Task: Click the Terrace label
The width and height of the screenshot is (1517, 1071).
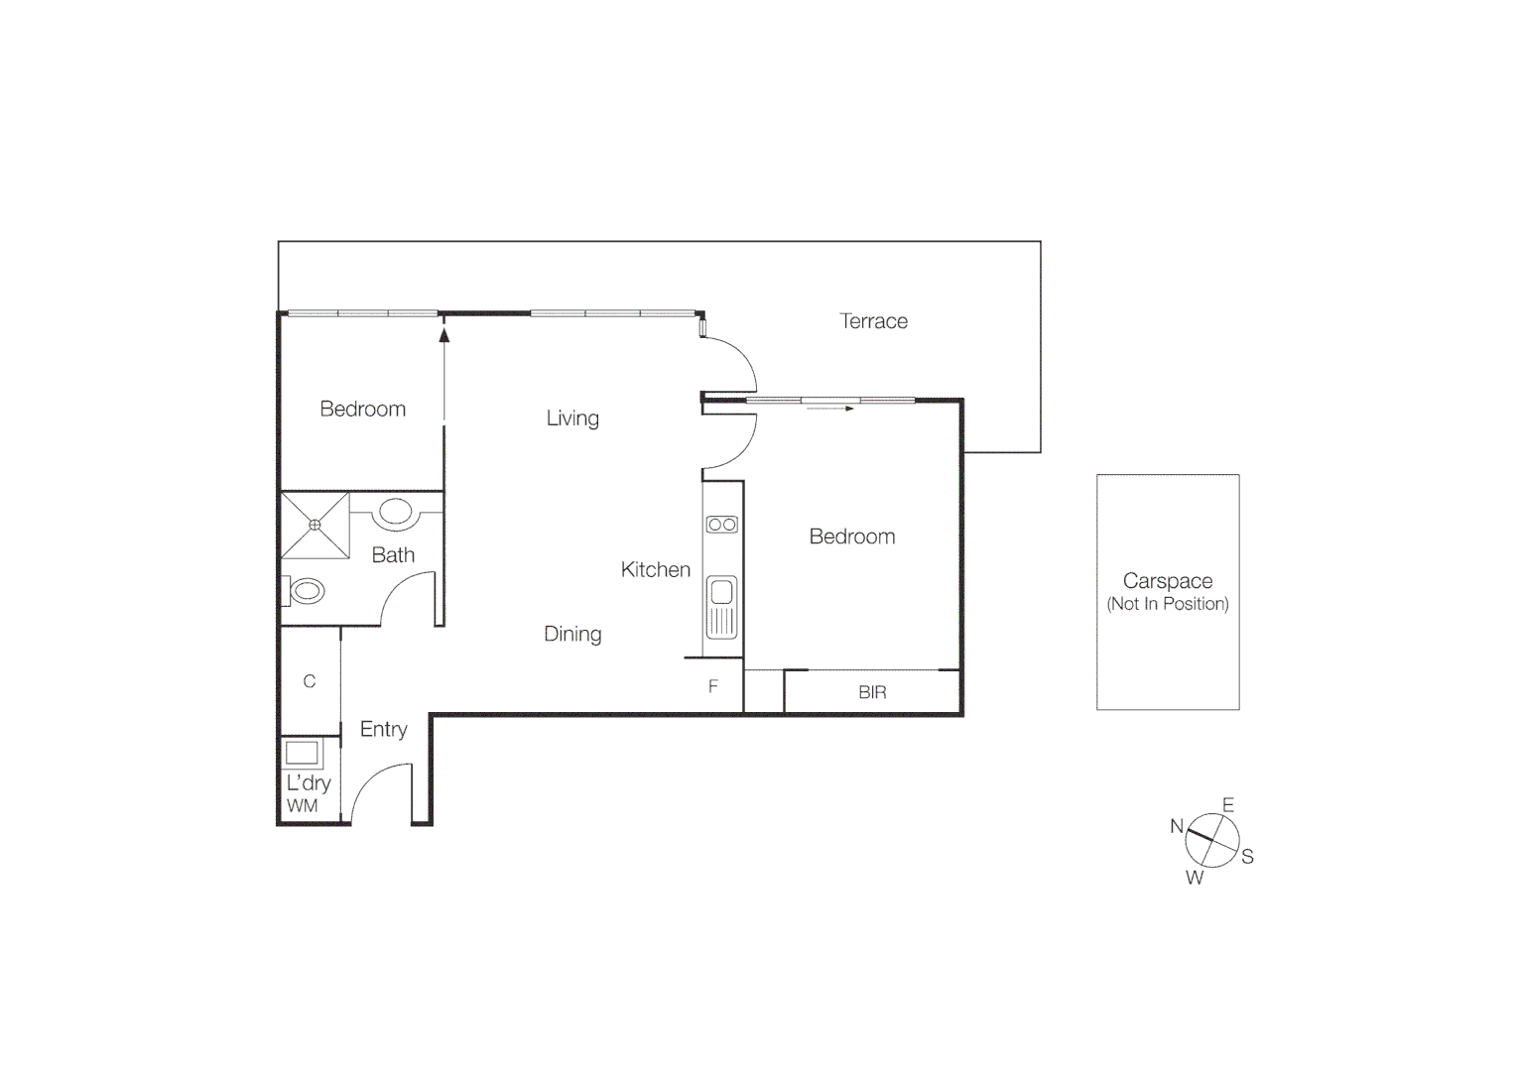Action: tap(873, 321)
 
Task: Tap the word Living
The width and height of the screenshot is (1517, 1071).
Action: tap(572, 418)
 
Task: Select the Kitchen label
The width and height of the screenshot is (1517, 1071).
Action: tap(655, 570)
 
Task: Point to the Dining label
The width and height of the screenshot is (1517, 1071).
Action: tap(572, 635)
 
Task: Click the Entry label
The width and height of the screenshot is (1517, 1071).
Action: tap(383, 730)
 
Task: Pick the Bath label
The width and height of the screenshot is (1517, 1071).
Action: tap(393, 555)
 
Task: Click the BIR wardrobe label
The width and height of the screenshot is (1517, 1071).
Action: tap(872, 693)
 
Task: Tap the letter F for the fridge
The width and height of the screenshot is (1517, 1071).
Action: tap(712, 686)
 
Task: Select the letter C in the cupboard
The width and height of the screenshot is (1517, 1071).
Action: tap(310, 681)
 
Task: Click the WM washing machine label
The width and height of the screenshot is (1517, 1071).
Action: tap(303, 806)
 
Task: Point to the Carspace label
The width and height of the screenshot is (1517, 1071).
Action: tap(1168, 581)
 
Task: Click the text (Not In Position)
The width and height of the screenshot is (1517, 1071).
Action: tap(1168, 604)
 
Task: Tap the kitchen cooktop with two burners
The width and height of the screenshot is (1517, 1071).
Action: tap(722, 525)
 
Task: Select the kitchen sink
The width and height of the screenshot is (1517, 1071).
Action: tap(721, 594)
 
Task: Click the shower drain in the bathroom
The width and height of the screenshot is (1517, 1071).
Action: tap(315, 525)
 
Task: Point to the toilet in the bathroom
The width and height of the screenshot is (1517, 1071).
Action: tap(306, 592)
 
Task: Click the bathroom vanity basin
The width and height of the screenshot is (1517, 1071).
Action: tap(396, 512)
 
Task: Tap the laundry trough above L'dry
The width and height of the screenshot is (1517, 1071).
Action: tap(303, 753)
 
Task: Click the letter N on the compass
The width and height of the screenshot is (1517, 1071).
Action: tap(1177, 826)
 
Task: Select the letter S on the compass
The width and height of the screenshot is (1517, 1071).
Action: tap(1248, 857)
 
